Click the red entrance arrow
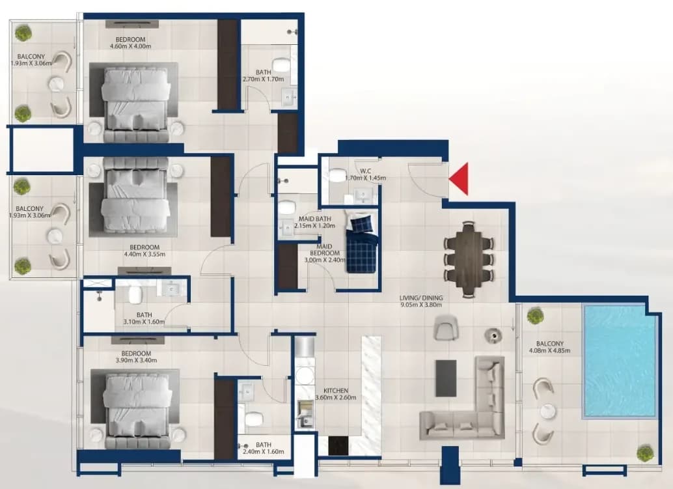click(x=460, y=179)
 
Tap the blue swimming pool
click(x=620, y=361)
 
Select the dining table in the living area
click(x=469, y=259)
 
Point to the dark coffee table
click(x=446, y=378)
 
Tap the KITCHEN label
click(x=336, y=391)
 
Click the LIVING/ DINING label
click(x=420, y=298)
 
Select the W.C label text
click(x=366, y=171)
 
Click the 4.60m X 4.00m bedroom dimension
click(x=130, y=46)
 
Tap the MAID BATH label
click(x=314, y=219)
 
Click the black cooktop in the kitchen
click(x=338, y=445)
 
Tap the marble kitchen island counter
click(x=371, y=395)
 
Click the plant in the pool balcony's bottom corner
click(x=644, y=453)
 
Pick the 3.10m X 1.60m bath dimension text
click(x=144, y=322)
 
